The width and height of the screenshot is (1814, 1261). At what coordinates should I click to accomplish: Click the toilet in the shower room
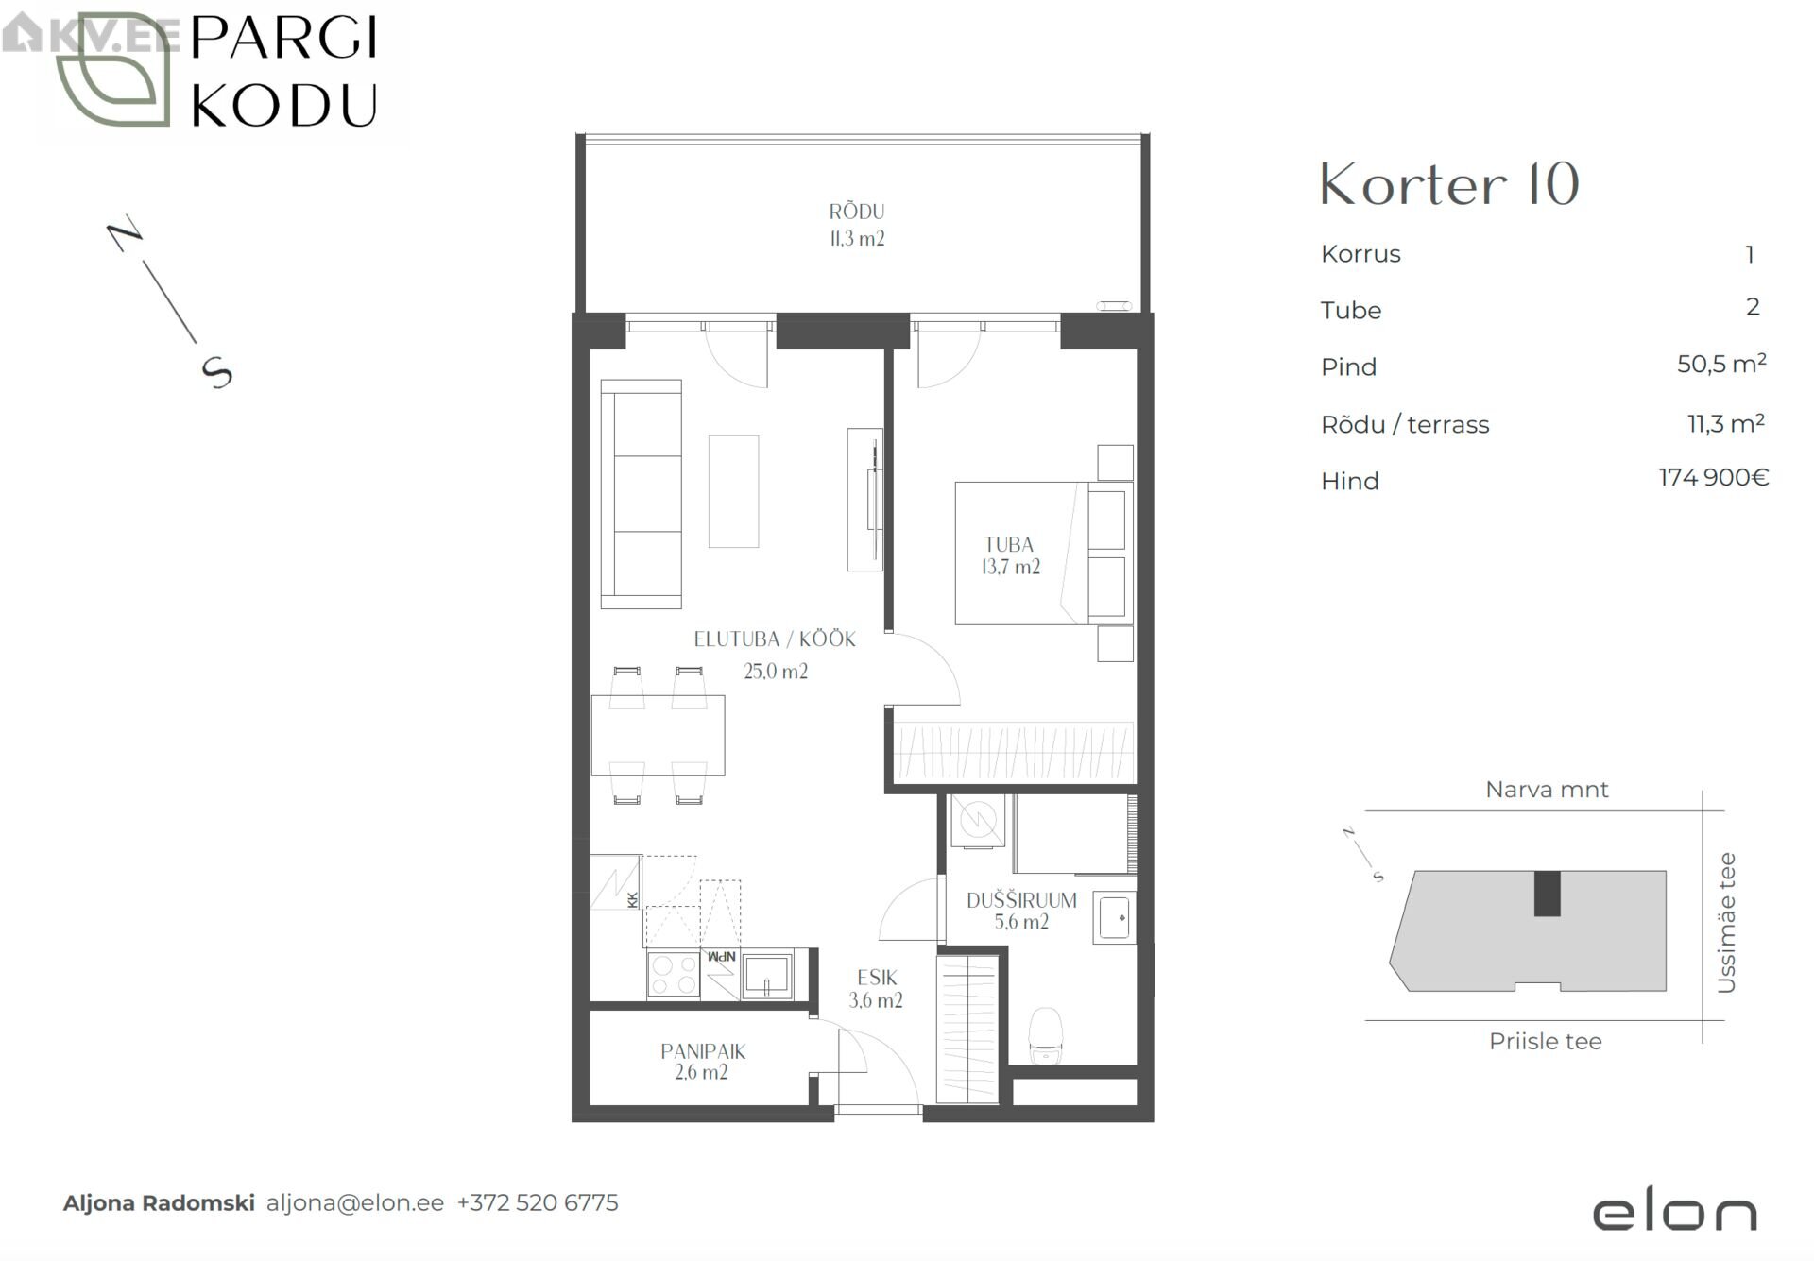(x=1045, y=1036)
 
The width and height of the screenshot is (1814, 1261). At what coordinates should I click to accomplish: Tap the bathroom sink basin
(x=1115, y=917)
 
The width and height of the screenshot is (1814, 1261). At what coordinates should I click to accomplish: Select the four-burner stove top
(x=673, y=975)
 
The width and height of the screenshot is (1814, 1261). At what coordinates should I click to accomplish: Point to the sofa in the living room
(x=642, y=494)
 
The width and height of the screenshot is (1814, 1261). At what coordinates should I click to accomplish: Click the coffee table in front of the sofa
(x=733, y=491)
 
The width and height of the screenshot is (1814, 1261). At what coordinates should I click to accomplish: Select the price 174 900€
(x=1713, y=478)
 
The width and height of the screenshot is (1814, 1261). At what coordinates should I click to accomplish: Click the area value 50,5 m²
(x=1721, y=364)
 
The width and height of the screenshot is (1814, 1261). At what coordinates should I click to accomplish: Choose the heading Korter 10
(x=1449, y=184)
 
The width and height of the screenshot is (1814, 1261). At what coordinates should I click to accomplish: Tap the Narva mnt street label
(x=1547, y=790)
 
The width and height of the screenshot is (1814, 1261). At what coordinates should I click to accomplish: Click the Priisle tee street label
(x=1546, y=1042)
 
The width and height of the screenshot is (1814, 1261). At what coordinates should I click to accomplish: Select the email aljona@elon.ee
(x=355, y=1203)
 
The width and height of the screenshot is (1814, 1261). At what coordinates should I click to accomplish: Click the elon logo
(x=1675, y=1213)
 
